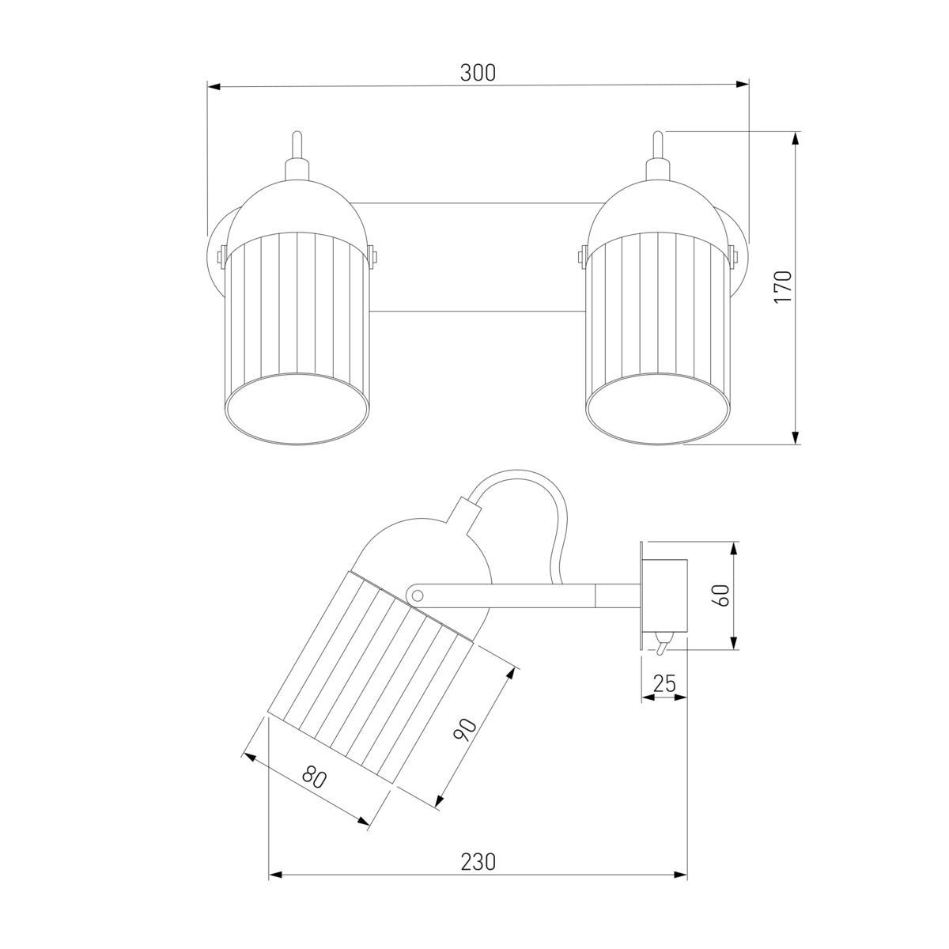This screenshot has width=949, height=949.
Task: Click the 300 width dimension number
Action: pyautogui.click(x=477, y=73)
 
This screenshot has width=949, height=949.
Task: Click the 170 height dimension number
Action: pyautogui.click(x=783, y=286)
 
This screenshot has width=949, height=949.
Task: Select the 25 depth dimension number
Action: pyautogui.click(x=664, y=683)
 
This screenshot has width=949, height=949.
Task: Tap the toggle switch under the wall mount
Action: pyautogui.click(x=662, y=644)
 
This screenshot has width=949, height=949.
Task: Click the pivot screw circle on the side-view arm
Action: pyautogui.click(x=417, y=596)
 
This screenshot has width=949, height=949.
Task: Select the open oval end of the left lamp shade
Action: pyautogui.click(x=296, y=409)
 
